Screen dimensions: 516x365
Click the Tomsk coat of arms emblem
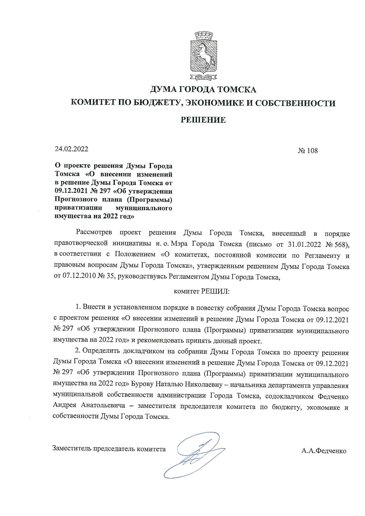203,56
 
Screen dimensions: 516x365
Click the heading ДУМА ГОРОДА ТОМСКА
203,89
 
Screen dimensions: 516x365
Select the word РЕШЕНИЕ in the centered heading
203,120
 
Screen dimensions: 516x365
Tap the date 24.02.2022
72,149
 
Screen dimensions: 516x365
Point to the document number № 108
308,151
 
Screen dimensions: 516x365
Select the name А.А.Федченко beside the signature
324,451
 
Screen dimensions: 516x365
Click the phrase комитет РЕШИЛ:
202,291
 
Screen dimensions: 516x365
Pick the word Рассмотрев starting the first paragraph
94,232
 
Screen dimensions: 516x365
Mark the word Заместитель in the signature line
72,449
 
